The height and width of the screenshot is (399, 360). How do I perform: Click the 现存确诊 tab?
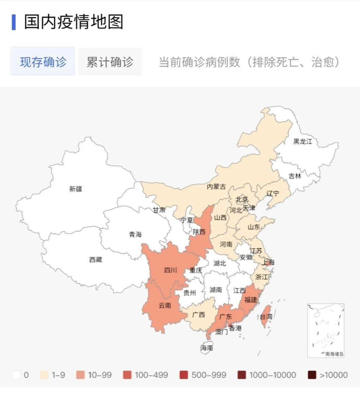(x=43, y=62)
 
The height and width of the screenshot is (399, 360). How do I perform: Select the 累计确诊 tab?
(x=110, y=62)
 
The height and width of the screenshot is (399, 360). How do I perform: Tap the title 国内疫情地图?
(x=73, y=22)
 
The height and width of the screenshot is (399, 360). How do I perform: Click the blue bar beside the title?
(x=14, y=22)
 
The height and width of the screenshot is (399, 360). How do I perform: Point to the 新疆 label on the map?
(x=75, y=189)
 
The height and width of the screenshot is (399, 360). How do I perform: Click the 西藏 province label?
(x=96, y=260)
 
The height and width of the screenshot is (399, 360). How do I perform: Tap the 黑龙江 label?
(x=303, y=142)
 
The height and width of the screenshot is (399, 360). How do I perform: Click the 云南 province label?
(x=165, y=305)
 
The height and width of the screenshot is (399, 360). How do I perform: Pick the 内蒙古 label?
(x=216, y=187)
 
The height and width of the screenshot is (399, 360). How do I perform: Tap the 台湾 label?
(x=266, y=317)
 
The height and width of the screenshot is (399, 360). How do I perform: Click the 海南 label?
(x=207, y=348)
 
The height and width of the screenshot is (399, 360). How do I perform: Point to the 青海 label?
(x=135, y=234)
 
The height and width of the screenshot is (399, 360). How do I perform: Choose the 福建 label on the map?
(x=251, y=300)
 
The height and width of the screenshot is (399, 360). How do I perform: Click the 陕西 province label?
(x=199, y=232)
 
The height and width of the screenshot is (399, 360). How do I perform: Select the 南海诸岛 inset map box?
(x=326, y=330)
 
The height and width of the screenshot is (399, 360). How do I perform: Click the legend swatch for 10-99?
(x=82, y=375)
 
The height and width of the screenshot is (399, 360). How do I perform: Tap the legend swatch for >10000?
(x=312, y=375)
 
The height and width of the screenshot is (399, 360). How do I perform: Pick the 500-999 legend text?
(x=209, y=375)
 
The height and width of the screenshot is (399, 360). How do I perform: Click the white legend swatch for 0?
(x=16, y=375)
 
